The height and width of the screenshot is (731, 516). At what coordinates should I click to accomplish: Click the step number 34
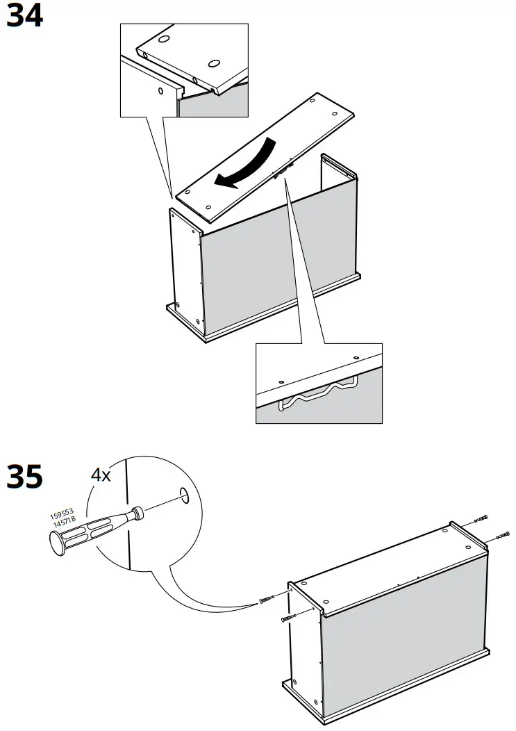click(x=24, y=16)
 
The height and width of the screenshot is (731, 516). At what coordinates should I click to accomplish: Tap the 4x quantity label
click(x=101, y=475)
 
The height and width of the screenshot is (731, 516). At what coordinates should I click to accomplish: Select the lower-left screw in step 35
click(x=289, y=617)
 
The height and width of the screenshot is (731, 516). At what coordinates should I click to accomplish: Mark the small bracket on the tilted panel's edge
click(x=285, y=170)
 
